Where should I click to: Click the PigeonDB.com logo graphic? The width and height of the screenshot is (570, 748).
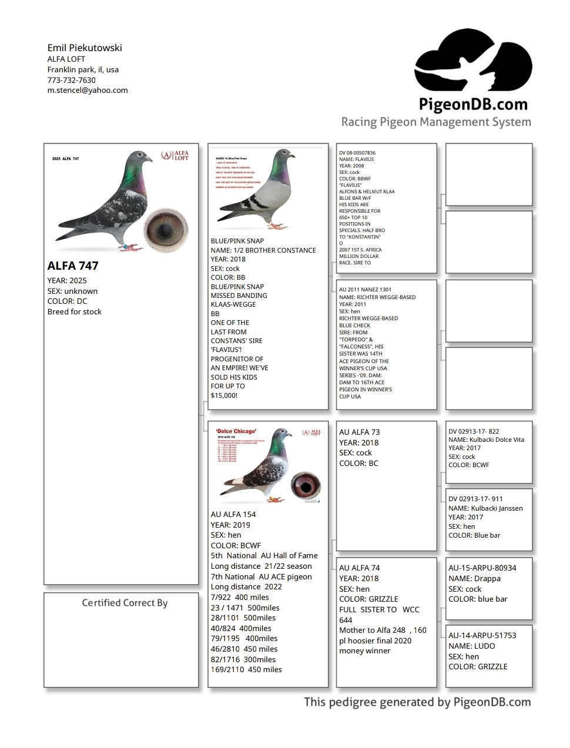[x=473, y=62]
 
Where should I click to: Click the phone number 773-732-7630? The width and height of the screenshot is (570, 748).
[x=71, y=80]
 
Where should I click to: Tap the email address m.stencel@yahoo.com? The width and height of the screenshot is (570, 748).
[x=88, y=90]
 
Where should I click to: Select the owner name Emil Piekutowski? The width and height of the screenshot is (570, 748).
[x=85, y=48]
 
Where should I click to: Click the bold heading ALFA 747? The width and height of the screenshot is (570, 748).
[x=73, y=266]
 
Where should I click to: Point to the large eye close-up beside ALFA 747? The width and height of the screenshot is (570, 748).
[x=165, y=229]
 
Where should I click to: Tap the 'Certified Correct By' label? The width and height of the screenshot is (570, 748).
[x=125, y=603]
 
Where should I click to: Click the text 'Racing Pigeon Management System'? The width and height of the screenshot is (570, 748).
[x=436, y=122]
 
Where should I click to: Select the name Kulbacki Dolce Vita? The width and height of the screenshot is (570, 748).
[x=497, y=440]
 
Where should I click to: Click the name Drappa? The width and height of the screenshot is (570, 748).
[x=487, y=578]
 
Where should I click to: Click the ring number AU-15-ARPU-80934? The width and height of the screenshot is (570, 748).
[x=482, y=568]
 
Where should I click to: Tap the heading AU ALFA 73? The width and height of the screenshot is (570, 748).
[x=359, y=432]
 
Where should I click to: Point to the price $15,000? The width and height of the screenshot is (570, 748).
[x=224, y=395]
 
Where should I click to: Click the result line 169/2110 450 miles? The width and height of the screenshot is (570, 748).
[x=246, y=670]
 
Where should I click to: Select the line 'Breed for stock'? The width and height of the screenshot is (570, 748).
[x=75, y=312]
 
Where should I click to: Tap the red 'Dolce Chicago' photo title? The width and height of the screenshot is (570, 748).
[x=236, y=431]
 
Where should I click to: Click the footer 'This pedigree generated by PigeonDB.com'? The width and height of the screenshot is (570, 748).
[x=417, y=702]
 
